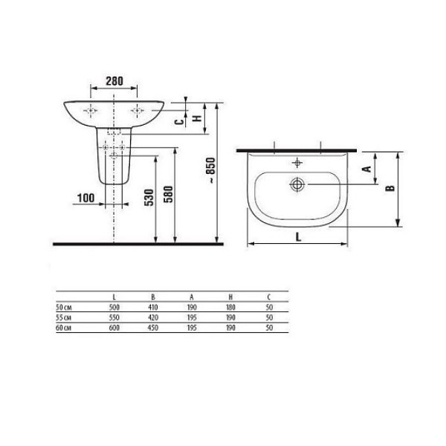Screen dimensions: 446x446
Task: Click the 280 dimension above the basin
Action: click(114, 80)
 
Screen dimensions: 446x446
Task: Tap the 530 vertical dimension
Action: click(149, 198)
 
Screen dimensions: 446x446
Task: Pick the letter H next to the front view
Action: click(197, 117)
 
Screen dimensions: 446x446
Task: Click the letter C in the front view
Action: click(177, 121)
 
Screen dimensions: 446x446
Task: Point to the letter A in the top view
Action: click(366, 169)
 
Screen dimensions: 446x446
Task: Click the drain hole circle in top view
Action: click(298, 184)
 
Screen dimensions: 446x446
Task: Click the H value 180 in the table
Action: click(229, 307)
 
